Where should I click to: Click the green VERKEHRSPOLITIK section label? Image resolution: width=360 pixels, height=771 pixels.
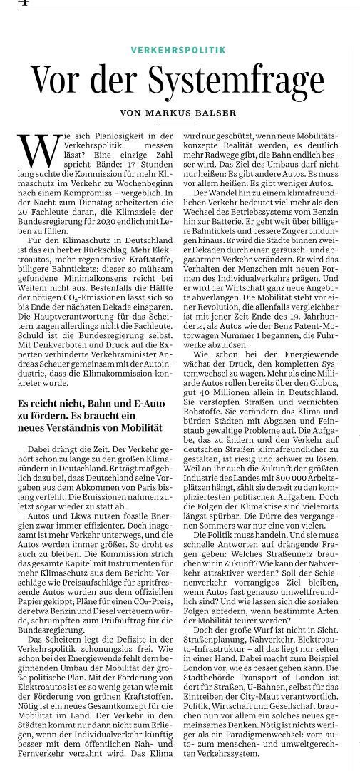tap(178, 51)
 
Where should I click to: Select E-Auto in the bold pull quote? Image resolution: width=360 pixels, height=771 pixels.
tap(142, 404)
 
